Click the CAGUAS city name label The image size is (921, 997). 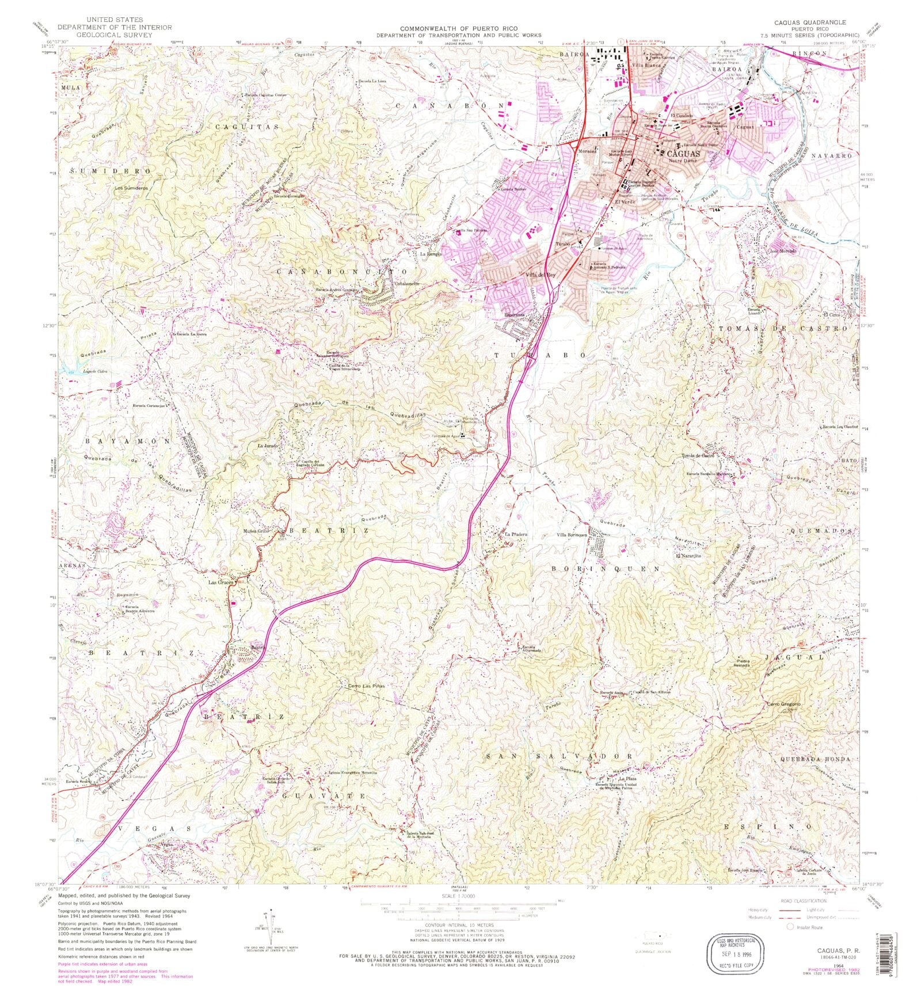coord(683,154)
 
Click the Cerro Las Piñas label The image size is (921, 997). coord(366,686)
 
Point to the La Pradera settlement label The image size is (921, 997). coord(515,534)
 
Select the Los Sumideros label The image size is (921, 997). coord(131,188)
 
